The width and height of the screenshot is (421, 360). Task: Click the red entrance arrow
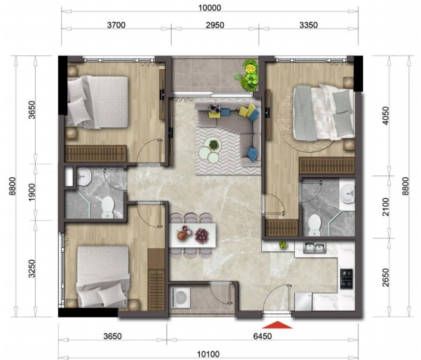coord(278,325)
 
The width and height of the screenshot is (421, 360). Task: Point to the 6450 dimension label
coord(262,336)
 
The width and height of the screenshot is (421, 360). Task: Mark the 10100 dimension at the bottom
coord(208,353)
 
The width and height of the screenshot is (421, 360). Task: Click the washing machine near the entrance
coord(180,297)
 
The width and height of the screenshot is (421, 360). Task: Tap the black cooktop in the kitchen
coord(347,277)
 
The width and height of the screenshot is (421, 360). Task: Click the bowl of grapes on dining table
coord(202,235)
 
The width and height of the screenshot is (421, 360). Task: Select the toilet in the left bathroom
coord(107,206)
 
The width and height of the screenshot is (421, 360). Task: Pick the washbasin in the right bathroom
coord(348,192)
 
